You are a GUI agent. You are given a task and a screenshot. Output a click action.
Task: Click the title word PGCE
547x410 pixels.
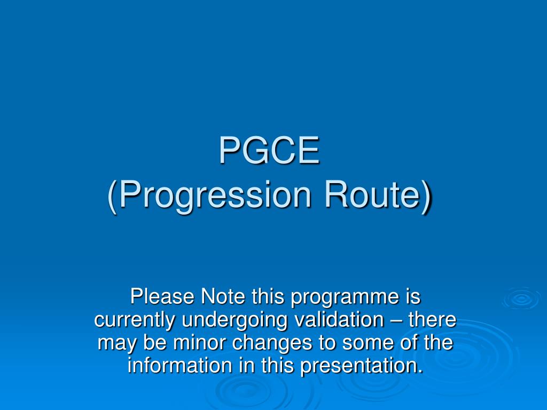click(269, 151)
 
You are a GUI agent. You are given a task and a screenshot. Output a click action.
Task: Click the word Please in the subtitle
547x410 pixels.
click(163, 296)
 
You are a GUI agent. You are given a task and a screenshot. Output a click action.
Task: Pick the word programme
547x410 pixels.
click(344, 297)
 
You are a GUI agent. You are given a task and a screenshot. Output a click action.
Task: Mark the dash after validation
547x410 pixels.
click(396, 320)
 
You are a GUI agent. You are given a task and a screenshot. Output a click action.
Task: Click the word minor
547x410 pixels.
click(198, 343)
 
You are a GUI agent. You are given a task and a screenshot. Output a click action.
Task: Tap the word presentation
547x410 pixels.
click(359, 367)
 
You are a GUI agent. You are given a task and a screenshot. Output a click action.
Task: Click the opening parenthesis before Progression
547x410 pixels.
click(112, 196)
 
